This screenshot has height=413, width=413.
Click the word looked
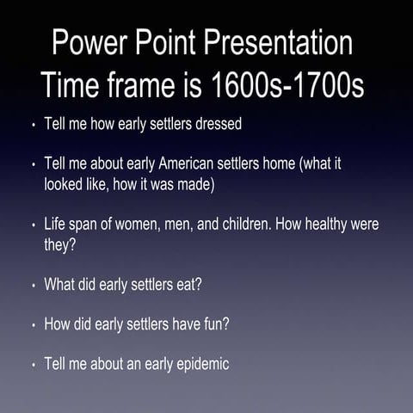tap(65, 183)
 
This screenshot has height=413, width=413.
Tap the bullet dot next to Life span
tap(33, 225)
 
